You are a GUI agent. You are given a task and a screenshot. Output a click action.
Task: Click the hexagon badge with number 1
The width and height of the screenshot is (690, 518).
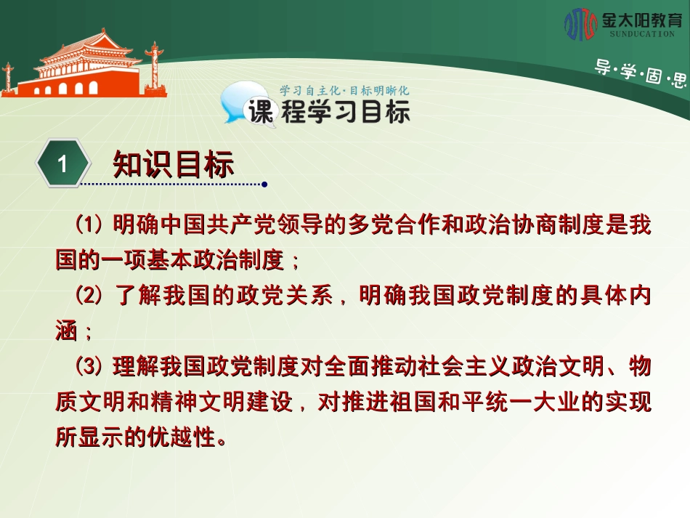63,163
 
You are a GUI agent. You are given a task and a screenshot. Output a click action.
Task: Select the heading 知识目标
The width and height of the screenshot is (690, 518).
173,165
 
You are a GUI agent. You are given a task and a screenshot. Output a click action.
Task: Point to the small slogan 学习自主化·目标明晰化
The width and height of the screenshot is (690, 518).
344,91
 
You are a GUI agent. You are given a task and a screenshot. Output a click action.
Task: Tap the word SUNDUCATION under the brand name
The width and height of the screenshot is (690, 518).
642,34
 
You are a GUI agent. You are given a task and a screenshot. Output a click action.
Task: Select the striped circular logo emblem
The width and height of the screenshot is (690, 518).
580,24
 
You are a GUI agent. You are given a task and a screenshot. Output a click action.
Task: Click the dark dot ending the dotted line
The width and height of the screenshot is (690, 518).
264,185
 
